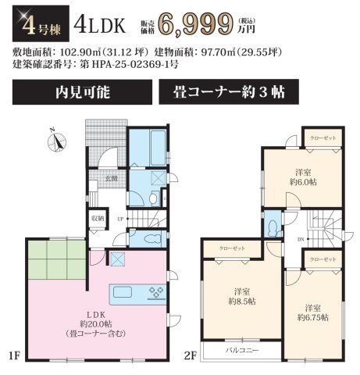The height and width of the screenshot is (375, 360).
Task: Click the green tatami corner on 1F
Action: (x=56, y=263)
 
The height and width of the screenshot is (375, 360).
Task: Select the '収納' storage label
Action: (x=97, y=219)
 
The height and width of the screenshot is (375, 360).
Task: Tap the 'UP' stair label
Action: (x=119, y=219)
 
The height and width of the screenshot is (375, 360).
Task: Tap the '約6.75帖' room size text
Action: (x=312, y=317)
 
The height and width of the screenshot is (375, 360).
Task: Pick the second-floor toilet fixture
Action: (x=273, y=227)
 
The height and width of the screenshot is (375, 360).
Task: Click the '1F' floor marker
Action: (x=14, y=356)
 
